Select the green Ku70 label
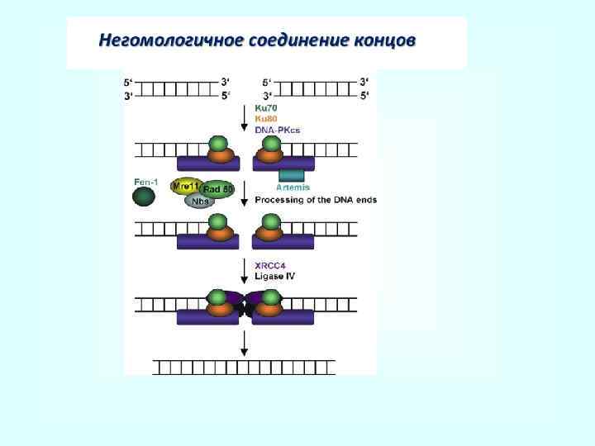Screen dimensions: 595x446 point(266,107)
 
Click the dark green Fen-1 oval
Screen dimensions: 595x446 point(145,196)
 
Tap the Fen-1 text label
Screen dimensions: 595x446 point(146,182)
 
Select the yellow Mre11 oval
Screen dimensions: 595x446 point(185,186)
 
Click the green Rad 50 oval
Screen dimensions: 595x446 point(218,190)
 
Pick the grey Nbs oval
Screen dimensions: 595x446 point(199,201)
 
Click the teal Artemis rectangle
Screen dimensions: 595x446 point(292,175)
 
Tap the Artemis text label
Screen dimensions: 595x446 point(293,187)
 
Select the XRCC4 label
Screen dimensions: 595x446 point(271,265)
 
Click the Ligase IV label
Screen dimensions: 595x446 point(274,275)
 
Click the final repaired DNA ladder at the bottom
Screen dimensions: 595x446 point(245,366)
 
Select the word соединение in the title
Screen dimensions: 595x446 point(292,40)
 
